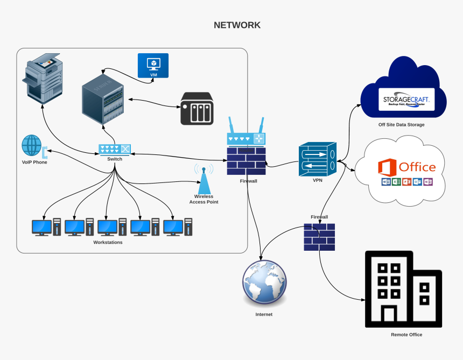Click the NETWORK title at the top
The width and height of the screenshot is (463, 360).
pyautogui.click(x=237, y=25)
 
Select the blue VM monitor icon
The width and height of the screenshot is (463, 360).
pyautogui.click(x=153, y=65)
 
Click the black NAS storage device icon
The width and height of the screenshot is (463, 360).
pyautogui.click(x=197, y=108)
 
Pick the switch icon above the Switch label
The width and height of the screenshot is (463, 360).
pyautogui.click(x=115, y=149)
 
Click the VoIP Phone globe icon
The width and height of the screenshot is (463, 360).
pyautogui.click(x=32, y=145)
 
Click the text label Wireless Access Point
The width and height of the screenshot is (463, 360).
pyautogui.click(x=204, y=199)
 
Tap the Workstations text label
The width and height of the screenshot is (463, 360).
pyautogui.click(x=108, y=243)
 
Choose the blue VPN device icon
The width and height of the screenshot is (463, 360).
pyautogui.click(x=317, y=159)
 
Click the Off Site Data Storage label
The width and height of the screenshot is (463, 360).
pyautogui.click(x=401, y=125)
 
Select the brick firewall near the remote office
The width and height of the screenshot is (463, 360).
pyautogui.click(x=319, y=237)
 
